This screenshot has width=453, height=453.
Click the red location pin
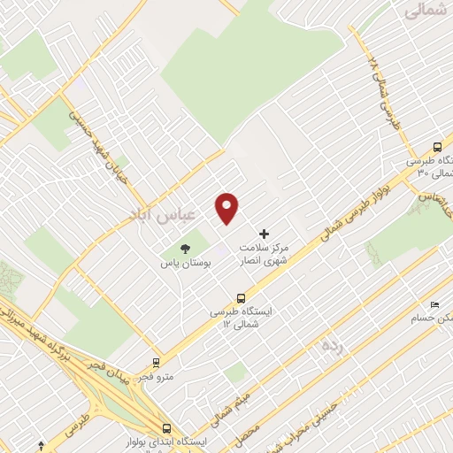click(x=227, y=207)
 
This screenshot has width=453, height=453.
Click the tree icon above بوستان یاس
click(x=185, y=250)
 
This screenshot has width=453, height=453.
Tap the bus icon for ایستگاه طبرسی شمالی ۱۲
click(x=241, y=298)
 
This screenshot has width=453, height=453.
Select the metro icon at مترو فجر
click(x=157, y=362)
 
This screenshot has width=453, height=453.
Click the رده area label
click(x=331, y=342)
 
